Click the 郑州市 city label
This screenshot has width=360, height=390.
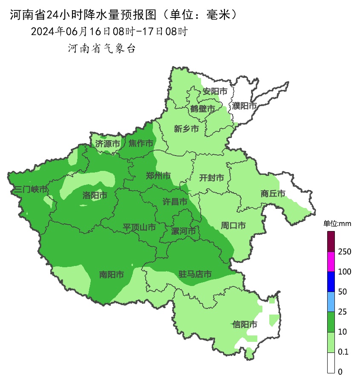tap(158, 176)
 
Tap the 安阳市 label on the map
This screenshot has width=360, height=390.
tap(215, 91)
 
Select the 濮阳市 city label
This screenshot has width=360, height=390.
tap(245, 106)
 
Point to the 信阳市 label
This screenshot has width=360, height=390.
tap(245, 324)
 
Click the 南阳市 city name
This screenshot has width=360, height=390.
tap(112, 274)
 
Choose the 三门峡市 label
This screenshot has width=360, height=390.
tap(31, 189)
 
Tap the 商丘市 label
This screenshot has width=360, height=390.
tap(273, 194)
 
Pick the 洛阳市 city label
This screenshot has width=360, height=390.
tap(95, 195)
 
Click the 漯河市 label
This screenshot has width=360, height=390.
tap(183, 231)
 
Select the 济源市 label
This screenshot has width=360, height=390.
tap(107, 144)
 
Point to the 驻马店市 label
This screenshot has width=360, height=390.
tap(195, 274)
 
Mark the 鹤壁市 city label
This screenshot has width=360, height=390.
tap(202, 109)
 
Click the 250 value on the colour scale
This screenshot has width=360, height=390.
tap(344, 251)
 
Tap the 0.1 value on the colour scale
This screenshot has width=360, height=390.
tap(343, 352)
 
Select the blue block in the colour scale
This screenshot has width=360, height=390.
tap(331, 282)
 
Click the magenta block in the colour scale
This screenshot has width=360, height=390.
tap(331, 262)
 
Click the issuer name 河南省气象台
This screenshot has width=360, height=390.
tap(101, 49)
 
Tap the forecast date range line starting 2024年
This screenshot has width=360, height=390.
tap(109, 32)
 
